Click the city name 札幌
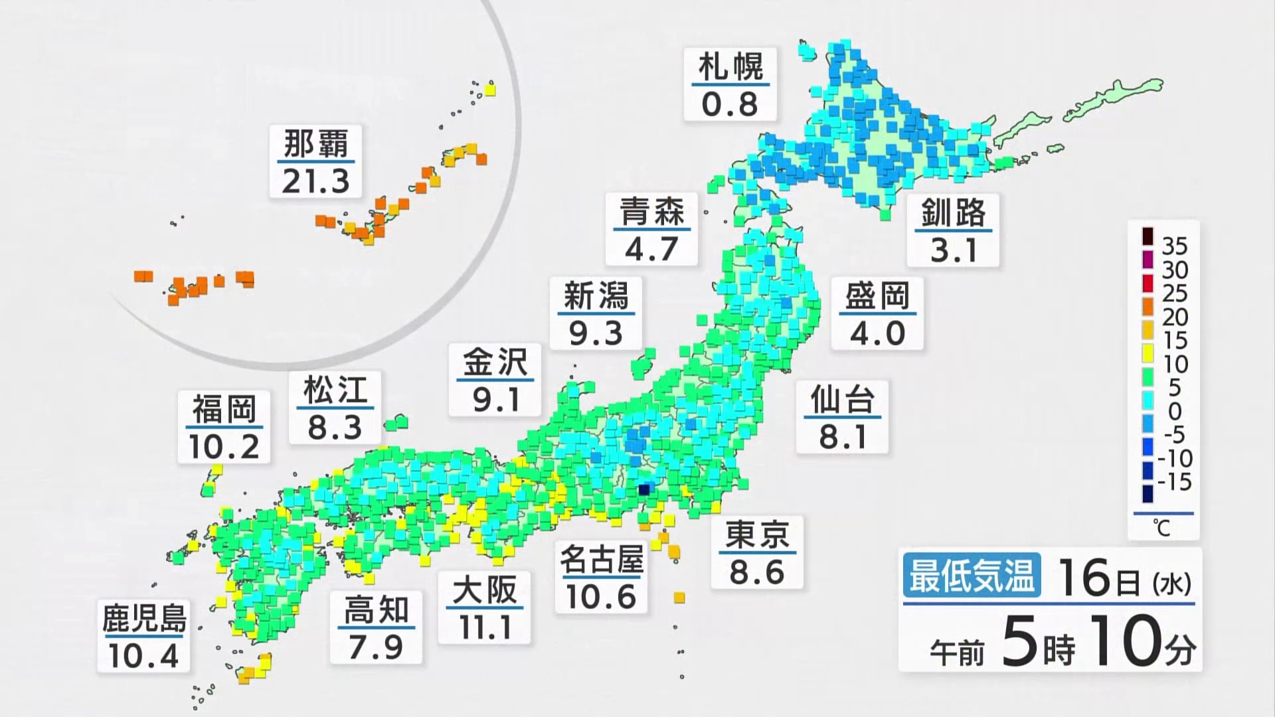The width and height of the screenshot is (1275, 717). pyautogui.click(x=730, y=67)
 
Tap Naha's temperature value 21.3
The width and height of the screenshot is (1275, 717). pyautogui.click(x=315, y=181)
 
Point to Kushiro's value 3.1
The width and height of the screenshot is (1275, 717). pyautogui.click(x=954, y=250)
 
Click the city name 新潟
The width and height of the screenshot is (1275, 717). pyautogui.click(x=596, y=296)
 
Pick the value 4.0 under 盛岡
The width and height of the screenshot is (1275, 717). pyautogui.click(x=877, y=333)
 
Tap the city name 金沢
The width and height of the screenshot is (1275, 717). pyautogui.click(x=495, y=362)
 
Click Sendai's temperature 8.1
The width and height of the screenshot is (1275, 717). pyautogui.click(x=843, y=437)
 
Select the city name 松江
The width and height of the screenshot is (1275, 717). pyautogui.click(x=335, y=390)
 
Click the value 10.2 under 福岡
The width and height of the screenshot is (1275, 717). pyautogui.click(x=224, y=446)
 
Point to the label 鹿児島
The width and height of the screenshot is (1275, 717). pyautogui.click(x=143, y=619)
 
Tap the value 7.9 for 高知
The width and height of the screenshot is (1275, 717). pyautogui.click(x=376, y=647)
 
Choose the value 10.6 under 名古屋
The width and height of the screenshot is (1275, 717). pyautogui.click(x=601, y=597)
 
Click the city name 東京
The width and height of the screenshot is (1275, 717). pyautogui.click(x=757, y=535)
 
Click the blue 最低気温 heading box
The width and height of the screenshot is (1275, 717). pyautogui.click(x=972, y=576)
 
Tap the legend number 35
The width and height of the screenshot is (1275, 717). pyautogui.click(x=1174, y=246)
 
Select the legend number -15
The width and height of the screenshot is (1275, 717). pyautogui.click(x=1174, y=482)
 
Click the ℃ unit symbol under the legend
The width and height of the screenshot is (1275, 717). pyautogui.click(x=1161, y=528)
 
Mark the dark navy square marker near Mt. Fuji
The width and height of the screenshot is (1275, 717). pyautogui.click(x=643, y=489)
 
